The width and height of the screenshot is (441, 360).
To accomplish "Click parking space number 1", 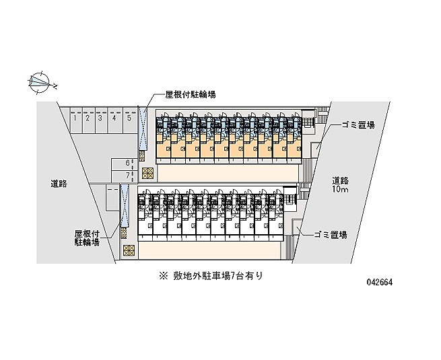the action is click(x=76, y=120).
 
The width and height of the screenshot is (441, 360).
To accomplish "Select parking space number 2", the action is click(x=88, y=120).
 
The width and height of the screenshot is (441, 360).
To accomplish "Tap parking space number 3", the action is click(x=101, y=120).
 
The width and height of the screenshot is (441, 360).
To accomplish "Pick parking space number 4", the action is click(x=114, y=120).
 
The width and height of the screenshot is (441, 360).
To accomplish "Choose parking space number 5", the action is click(x=130, y=120).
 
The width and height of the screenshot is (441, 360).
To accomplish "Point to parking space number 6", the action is click(x=124, y=164).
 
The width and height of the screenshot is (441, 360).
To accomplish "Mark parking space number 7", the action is click(x=124, y=176).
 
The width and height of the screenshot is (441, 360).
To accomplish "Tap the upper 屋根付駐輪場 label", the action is click(x=191, y=95).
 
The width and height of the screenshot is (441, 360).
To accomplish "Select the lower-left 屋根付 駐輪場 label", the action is click(x=87, y=238).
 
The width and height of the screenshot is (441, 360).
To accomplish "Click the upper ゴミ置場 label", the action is click(x=358, y=124).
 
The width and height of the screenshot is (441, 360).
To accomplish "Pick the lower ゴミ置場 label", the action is click(x=331, y=234).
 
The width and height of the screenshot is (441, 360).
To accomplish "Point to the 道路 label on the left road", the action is click(x=59, y=184).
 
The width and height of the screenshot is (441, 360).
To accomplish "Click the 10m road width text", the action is click(x=340, y=189).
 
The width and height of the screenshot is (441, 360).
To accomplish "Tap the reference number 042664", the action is click(x=380, y=282).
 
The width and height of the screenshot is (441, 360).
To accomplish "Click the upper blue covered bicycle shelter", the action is click(x=143, y=129).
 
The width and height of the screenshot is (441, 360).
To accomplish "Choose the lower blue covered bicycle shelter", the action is click(x=125, y=206).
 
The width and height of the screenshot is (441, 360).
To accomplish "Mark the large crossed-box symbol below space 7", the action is click(x=147, y=174).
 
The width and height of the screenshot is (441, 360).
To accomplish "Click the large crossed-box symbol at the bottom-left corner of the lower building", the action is click(x=129, y=250).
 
